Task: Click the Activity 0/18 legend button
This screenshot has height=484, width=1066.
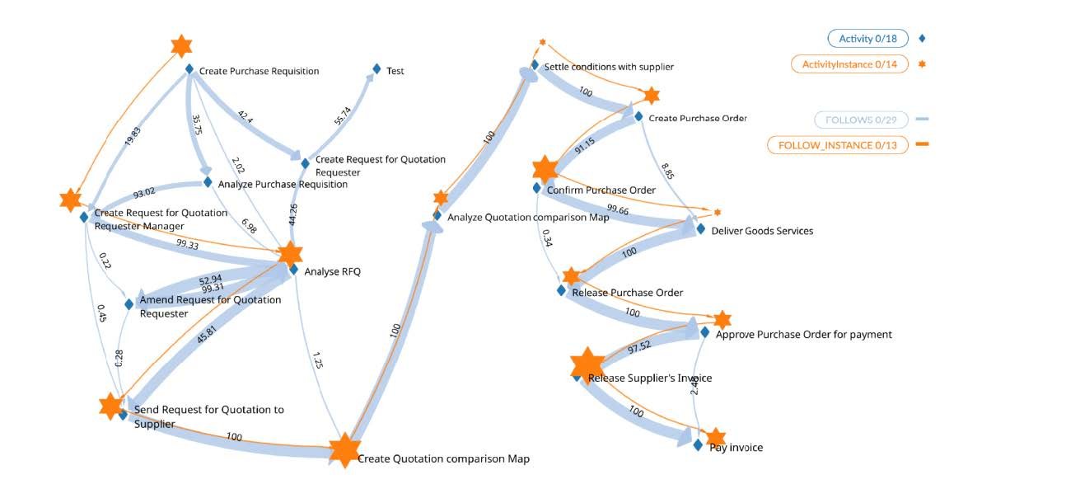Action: coord(867,39)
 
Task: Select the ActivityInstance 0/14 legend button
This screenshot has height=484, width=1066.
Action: coord(849,64)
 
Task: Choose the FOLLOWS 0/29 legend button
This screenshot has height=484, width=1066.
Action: coord(861,120)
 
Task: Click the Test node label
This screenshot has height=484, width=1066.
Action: coord(395,71)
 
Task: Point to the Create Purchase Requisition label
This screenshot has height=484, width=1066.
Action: coord(259,71)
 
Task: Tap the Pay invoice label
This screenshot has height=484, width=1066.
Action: coord(736,447)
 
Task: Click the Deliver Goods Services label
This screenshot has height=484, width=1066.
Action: coord(762,231)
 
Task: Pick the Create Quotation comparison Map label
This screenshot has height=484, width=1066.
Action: coord(443,458)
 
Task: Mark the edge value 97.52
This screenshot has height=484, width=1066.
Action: coord(638,345)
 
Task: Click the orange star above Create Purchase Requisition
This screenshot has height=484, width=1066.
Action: coord(181,46)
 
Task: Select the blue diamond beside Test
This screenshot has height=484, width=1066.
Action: coord(376,69)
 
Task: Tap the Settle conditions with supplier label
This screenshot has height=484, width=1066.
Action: coord(609,66)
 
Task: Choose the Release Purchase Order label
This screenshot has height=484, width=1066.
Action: coord(627,292)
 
